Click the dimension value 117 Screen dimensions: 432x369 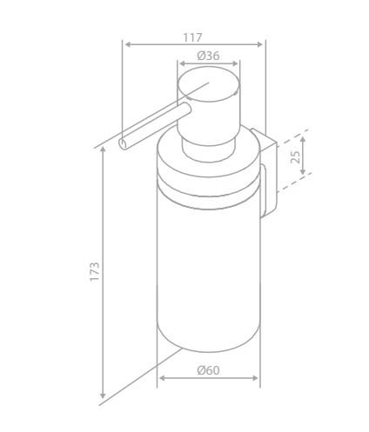click(x=192, y=37)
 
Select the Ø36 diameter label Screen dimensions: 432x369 click(x=208, y=56)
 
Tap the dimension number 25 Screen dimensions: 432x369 click(x=295, y=156)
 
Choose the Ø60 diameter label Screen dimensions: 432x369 click(x=208, y=370)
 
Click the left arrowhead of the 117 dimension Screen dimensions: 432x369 click(x=127, y=44)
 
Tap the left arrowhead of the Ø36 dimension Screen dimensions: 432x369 click(x=181, y=63)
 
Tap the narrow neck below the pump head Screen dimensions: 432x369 click(x=209, y=137)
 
